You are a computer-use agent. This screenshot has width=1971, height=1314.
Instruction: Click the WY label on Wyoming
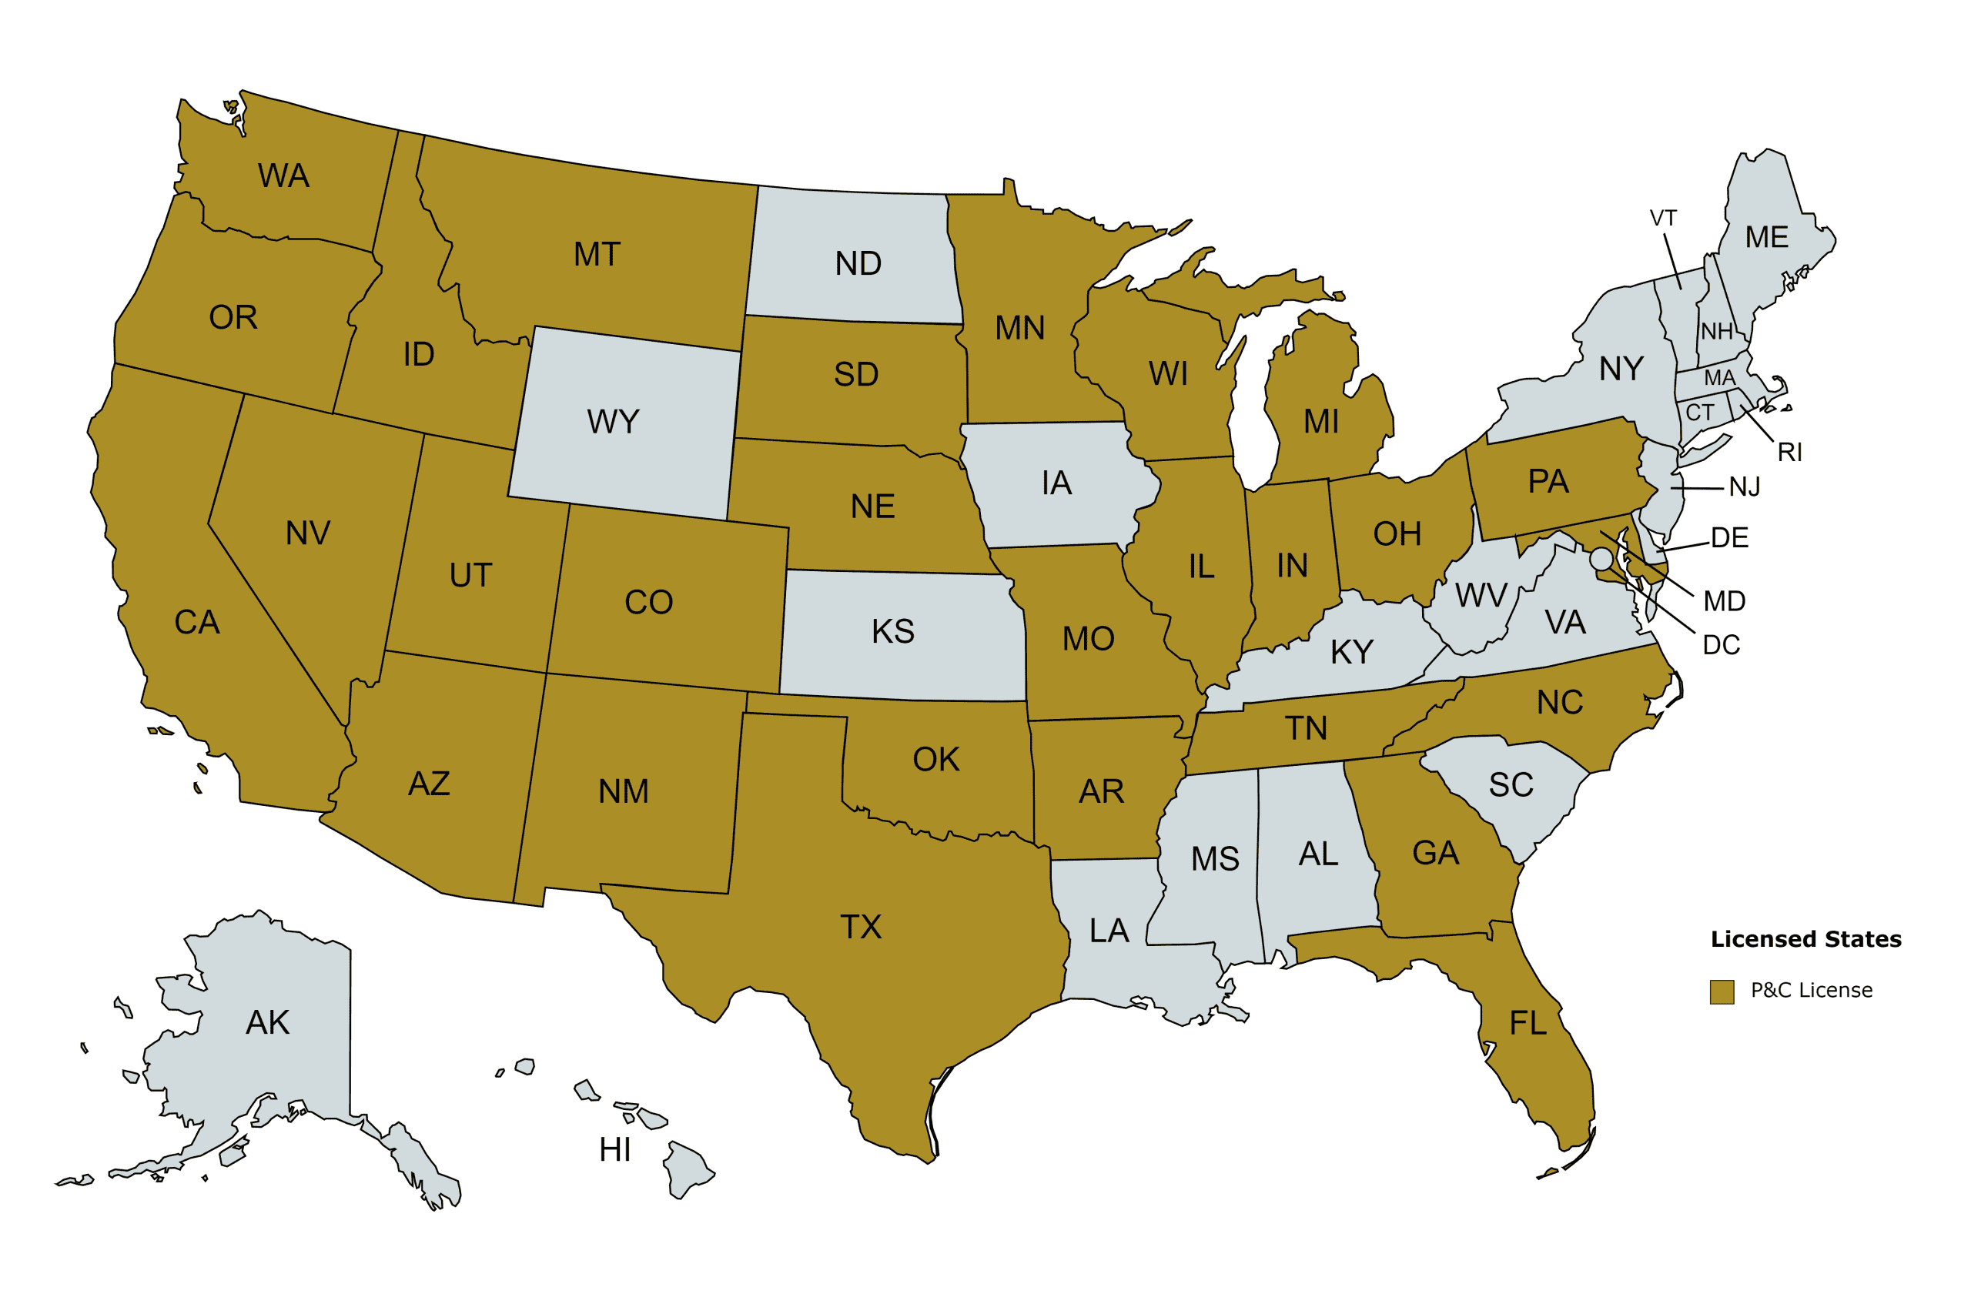point(613,422)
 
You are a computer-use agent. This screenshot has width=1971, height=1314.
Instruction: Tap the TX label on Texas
point(861,927)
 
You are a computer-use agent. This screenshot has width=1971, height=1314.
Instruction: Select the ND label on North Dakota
point(858,264)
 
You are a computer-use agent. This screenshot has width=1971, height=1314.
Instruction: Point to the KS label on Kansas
point(892,632)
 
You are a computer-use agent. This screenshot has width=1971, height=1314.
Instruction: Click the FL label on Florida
point(1528,1023)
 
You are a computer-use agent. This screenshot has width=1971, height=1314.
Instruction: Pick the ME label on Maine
point(1766,237)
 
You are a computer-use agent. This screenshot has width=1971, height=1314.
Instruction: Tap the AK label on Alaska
point(267,1022)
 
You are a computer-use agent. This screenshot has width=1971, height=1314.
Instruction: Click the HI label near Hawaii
point(614,1151)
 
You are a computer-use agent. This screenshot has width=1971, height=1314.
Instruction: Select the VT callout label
point(1664,219)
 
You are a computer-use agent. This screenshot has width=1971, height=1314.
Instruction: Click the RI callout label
point(1789,453)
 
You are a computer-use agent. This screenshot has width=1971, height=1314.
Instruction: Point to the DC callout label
point(1722,645)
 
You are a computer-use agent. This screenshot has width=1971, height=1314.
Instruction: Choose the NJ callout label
point(1745,487)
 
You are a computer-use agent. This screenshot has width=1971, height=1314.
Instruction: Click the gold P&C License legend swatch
point(1722,992)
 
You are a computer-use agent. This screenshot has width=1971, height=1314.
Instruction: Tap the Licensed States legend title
point(1806,939)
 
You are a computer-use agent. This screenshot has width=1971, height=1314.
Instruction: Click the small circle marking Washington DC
point(1601,558)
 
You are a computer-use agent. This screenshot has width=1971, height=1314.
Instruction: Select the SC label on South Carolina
point(1511,785)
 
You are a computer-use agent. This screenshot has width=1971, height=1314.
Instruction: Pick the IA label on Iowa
point(1057,483)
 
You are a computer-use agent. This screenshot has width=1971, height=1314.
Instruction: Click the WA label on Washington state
point(283,176)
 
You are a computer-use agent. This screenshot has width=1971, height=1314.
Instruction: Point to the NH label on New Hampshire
point(1716,332)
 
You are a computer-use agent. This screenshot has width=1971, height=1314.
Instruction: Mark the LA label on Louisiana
point(1109,931)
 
